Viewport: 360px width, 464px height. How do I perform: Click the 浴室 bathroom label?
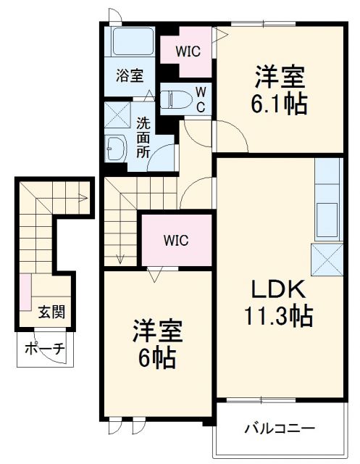coord(130,74)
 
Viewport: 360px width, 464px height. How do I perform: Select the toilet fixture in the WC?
coord(173,99)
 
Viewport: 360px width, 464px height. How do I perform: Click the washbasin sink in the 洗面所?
coord(115,149)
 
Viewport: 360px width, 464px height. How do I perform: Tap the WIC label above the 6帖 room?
coord(176,239)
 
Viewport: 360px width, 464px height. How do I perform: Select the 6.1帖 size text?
coord(280,104)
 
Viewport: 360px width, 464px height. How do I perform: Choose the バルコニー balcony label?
coord(278,428)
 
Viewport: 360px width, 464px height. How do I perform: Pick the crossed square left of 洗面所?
coord(115,115)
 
